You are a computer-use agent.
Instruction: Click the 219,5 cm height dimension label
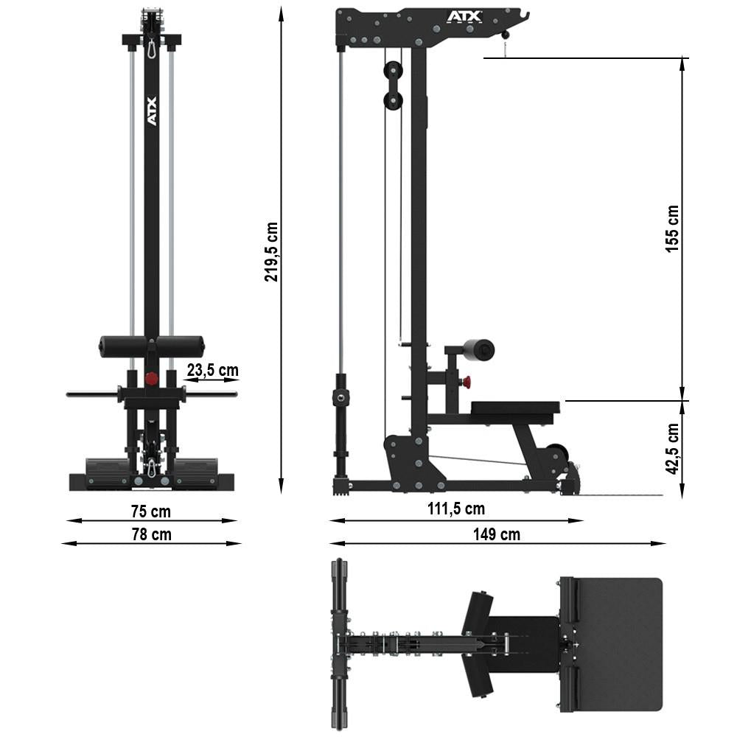(272, 251)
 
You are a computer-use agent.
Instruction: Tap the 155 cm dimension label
(672, 228)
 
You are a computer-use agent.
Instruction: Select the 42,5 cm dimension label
(672, 448)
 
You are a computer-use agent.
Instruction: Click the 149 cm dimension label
(499, 534)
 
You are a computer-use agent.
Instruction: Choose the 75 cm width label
(151, 511)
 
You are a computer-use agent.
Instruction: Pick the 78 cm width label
(151, 534)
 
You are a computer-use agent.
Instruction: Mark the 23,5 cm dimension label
(212, 370)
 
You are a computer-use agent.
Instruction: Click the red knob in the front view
(152, 378)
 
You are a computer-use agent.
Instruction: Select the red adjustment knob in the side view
(467, 381)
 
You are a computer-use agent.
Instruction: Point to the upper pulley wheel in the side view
(392, 70)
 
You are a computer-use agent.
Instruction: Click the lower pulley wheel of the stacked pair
(392, 101)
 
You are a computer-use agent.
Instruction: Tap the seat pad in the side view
(515, 408)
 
